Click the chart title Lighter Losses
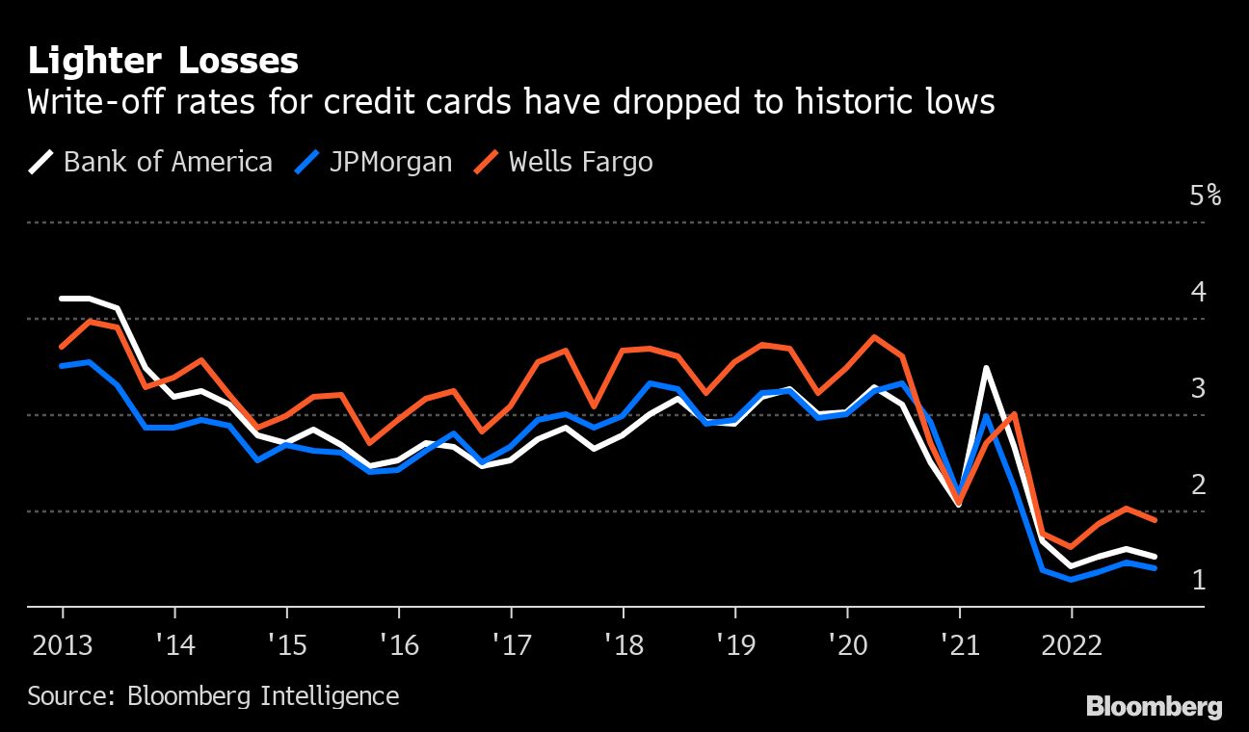pyautogui.click(x=163, y=62)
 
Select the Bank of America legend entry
pyautogui.click(x=151, y=161)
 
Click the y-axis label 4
pyautogui.click(x=1199, y=291)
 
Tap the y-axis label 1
pyautogui.click(x=1199, y=580)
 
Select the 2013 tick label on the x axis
pyautogui.click(x=63, y=644)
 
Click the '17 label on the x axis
pyautogui.click(x=510, y=644)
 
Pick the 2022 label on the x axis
pyautogui.click(x=1071, y=644)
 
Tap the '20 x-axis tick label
pyautogui.click(x=846, y=644)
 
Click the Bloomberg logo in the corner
pyautogui.click(x=1154, y=707)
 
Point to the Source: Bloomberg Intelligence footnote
pyautogui.click(x=213, y=695)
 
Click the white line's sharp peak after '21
pyautogui.click(x=986, y=368)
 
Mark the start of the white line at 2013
pyautogui.click(x=63, y=299)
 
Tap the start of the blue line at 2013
pyautogui.click(x=63, y=366)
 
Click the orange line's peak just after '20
pyautogui.click(x=874, y=337)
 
